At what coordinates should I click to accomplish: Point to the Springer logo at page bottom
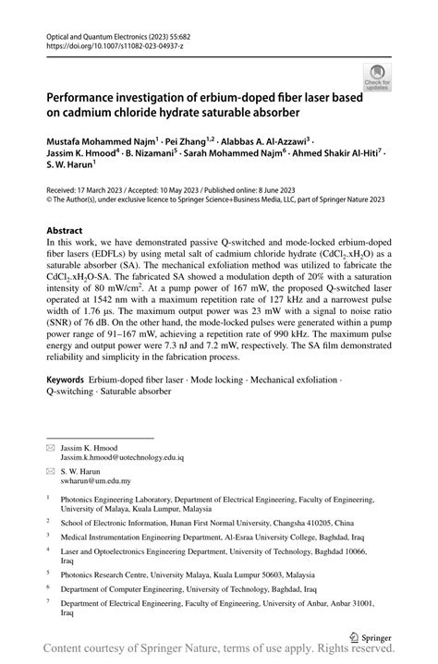click(370, 636)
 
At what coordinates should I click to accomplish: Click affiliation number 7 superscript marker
click(48, 601)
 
